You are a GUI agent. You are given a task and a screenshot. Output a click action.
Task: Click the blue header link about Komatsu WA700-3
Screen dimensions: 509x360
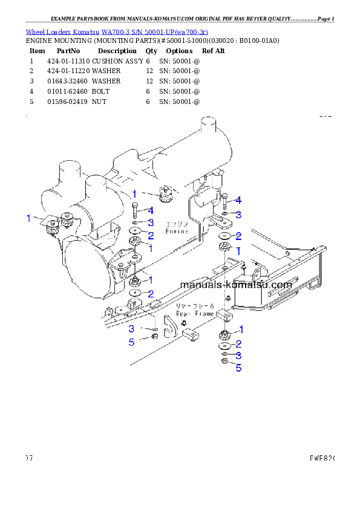[x=117, y=31]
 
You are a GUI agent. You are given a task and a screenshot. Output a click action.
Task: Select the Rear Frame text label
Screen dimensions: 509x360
[x=195, y=314]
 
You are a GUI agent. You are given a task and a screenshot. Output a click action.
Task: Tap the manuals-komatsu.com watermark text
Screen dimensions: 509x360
[x=236, y=284]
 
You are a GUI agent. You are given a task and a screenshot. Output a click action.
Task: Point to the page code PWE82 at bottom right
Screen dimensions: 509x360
[x=321, y=458]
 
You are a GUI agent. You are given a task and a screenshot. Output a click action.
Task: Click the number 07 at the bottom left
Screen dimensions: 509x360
[x=28, y=458]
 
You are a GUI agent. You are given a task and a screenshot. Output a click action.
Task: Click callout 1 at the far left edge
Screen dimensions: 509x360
[x=28, y=218]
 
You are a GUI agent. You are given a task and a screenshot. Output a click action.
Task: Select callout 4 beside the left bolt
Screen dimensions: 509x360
[x=150, y=210]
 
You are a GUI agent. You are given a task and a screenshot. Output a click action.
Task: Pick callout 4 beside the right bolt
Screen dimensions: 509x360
[x=238, y=200]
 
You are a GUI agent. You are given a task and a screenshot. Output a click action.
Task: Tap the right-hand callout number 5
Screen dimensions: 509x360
[x=238, y=368]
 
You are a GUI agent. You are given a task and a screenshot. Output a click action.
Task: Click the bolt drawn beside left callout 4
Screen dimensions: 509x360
[x=134, y=211]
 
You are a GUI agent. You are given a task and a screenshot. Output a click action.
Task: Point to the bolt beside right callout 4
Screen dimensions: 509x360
[x=224, y=200]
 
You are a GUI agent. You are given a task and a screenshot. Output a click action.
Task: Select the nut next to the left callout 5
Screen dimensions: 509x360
[x=154, y=336]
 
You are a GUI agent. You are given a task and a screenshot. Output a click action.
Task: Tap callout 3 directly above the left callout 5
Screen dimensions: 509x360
[x=131, y=329]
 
